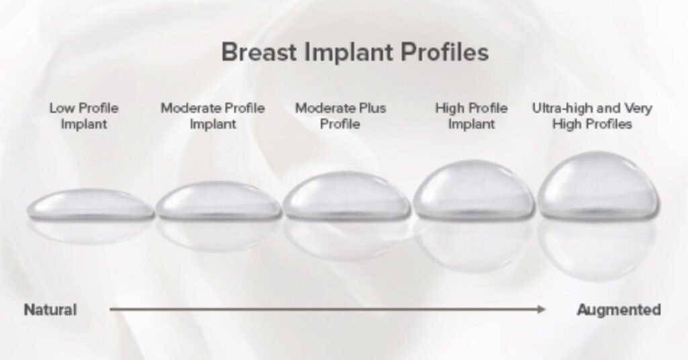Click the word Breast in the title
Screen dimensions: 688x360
point(259,52)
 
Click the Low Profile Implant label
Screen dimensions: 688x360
point(84,116)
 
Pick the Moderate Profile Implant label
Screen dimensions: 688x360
point(213,116)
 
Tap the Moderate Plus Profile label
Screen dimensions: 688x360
point(341,116)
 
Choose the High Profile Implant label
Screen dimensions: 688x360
point(472,116)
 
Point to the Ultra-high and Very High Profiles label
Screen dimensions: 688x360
point(593,116)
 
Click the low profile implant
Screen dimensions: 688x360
point(91,204)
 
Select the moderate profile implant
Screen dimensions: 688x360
point(218,201)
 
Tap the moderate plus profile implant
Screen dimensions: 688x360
point(347,195)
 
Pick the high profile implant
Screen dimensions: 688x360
point(474,190)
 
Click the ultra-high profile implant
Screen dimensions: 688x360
point(598,185)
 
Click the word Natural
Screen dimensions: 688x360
point(50,310)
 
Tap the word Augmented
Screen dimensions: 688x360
point(619,310)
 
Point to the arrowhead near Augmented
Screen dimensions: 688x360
point(541,310)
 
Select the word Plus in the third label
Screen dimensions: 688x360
point(372,108)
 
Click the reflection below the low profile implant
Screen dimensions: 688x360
point(90,232)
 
